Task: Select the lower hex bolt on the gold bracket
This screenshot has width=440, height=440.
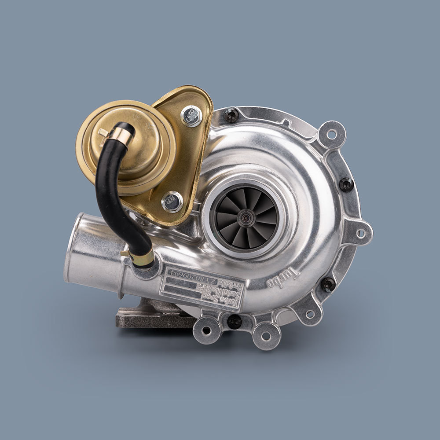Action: [x=172, y=202]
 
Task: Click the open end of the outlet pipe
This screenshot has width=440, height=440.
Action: [x=76, y=246]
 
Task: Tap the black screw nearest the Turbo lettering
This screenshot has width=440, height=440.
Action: [x=328, y=284]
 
